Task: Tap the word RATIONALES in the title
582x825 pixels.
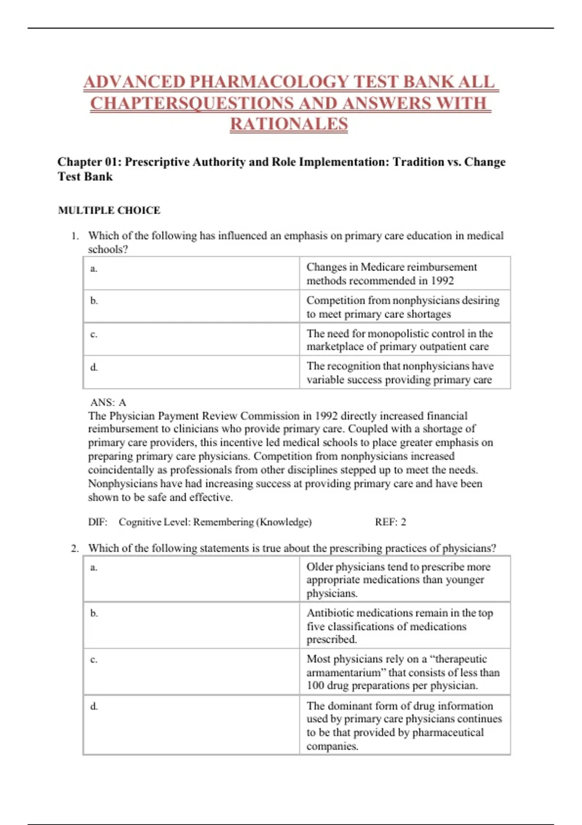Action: (x=289, y=124)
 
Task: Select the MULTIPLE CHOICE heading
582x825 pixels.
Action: (x=109, y=210)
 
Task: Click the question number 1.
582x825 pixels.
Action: (x=74, y=236)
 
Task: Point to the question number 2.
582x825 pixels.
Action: (x=74, y=548)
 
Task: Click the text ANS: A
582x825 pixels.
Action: (x=108, y=402)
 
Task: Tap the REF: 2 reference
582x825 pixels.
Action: (x=390, y=522)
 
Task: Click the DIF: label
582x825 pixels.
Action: (x=97, y=522)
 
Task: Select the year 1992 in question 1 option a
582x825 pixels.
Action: (x=442, y=281)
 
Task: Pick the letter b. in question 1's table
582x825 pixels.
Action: (x=94, y=301)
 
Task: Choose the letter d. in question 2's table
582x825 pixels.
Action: (x=94, y=707)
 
